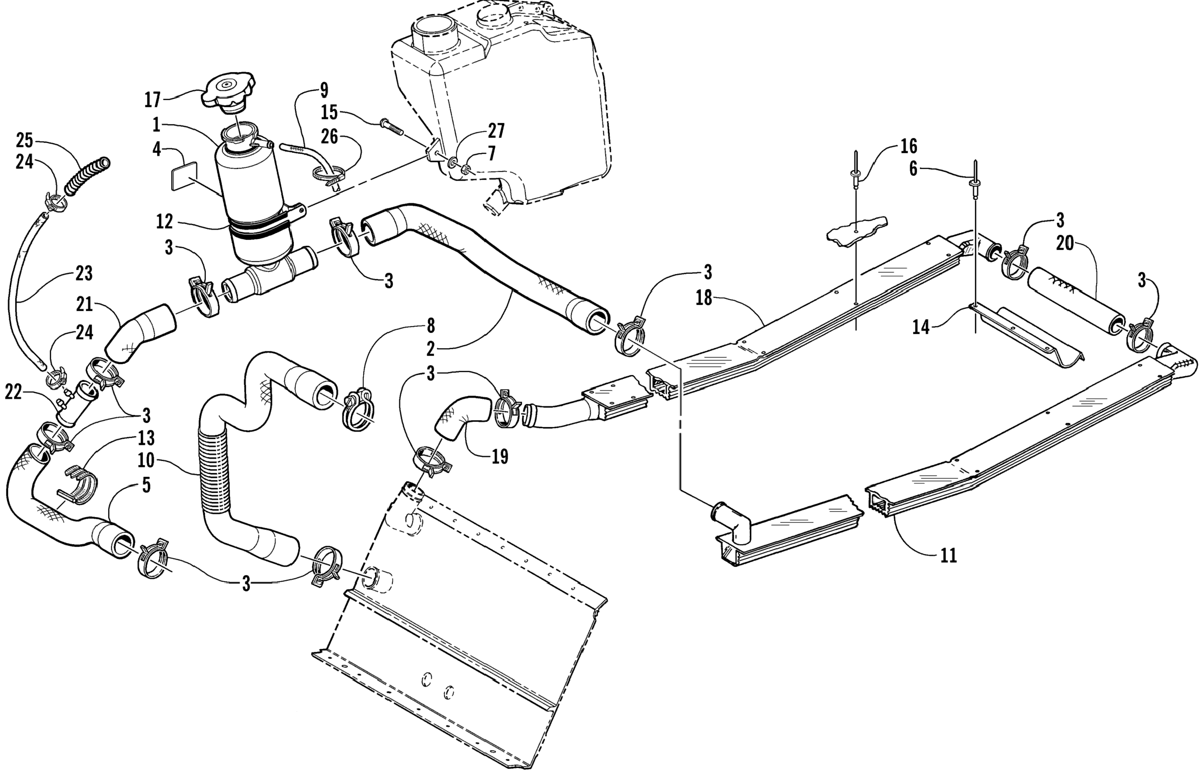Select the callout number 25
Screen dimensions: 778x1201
(x=24, y=140)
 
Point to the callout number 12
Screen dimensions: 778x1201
(x=165, y=221)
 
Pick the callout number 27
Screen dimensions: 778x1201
(x=496, y=131)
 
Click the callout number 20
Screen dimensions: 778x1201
(x=1064, y=243)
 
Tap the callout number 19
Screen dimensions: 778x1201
(x=499, y=456)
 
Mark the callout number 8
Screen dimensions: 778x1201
(x=430, y=326)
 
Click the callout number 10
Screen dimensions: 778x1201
(x=146, y=460)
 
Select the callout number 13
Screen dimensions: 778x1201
(x=146, y=438)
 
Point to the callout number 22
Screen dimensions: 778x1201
(x=13, y=392)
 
